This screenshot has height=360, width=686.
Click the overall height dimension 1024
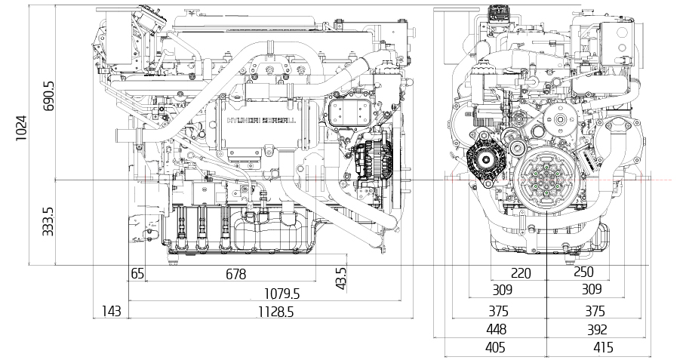click(21, 128)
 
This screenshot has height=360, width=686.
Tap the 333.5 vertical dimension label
click(48, 221)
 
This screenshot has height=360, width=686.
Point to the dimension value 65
click(137, 274)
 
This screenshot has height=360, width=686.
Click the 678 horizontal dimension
click(235, 274)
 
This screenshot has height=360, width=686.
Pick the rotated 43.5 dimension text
click(341, 278)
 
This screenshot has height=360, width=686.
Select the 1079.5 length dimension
click(282, 294)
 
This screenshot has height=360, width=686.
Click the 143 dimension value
click(111, 312)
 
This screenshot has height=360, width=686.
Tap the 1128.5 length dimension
click(275, 312)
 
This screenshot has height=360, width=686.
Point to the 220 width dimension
click(521, 274)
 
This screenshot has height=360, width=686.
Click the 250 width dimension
click(583, 272)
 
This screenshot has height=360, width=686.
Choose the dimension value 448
click(496, 329)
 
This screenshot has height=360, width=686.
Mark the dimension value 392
click(597, 330)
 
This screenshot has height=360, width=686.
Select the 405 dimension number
click(495, 348)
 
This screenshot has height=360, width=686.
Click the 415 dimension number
click(603, 348)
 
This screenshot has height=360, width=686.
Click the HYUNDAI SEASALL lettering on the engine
click(261, 120)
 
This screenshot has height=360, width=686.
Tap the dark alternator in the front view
click(485, 159)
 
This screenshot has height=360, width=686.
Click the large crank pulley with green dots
click(546, 180)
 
